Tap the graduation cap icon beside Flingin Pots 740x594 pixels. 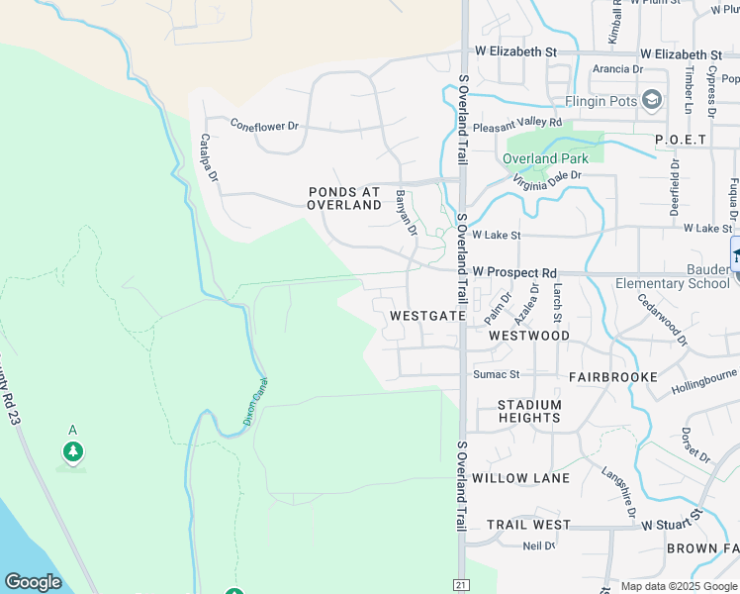tap(652, 99)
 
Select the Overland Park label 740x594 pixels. tap(545, 158)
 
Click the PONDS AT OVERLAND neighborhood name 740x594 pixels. tap(344, 198)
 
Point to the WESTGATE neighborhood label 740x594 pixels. tap(427, 315)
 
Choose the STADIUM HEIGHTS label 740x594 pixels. tap(529, 411)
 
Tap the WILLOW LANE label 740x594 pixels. tap(520, 478)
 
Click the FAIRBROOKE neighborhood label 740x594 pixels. tap(613, 377)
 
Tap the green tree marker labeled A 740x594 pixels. tap(72, 451)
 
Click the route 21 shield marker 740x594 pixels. tap(460, 585)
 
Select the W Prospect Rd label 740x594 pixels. tap(514, 271)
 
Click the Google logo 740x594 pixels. tap(33, 582)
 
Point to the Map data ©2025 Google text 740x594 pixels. tap(678, 586)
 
